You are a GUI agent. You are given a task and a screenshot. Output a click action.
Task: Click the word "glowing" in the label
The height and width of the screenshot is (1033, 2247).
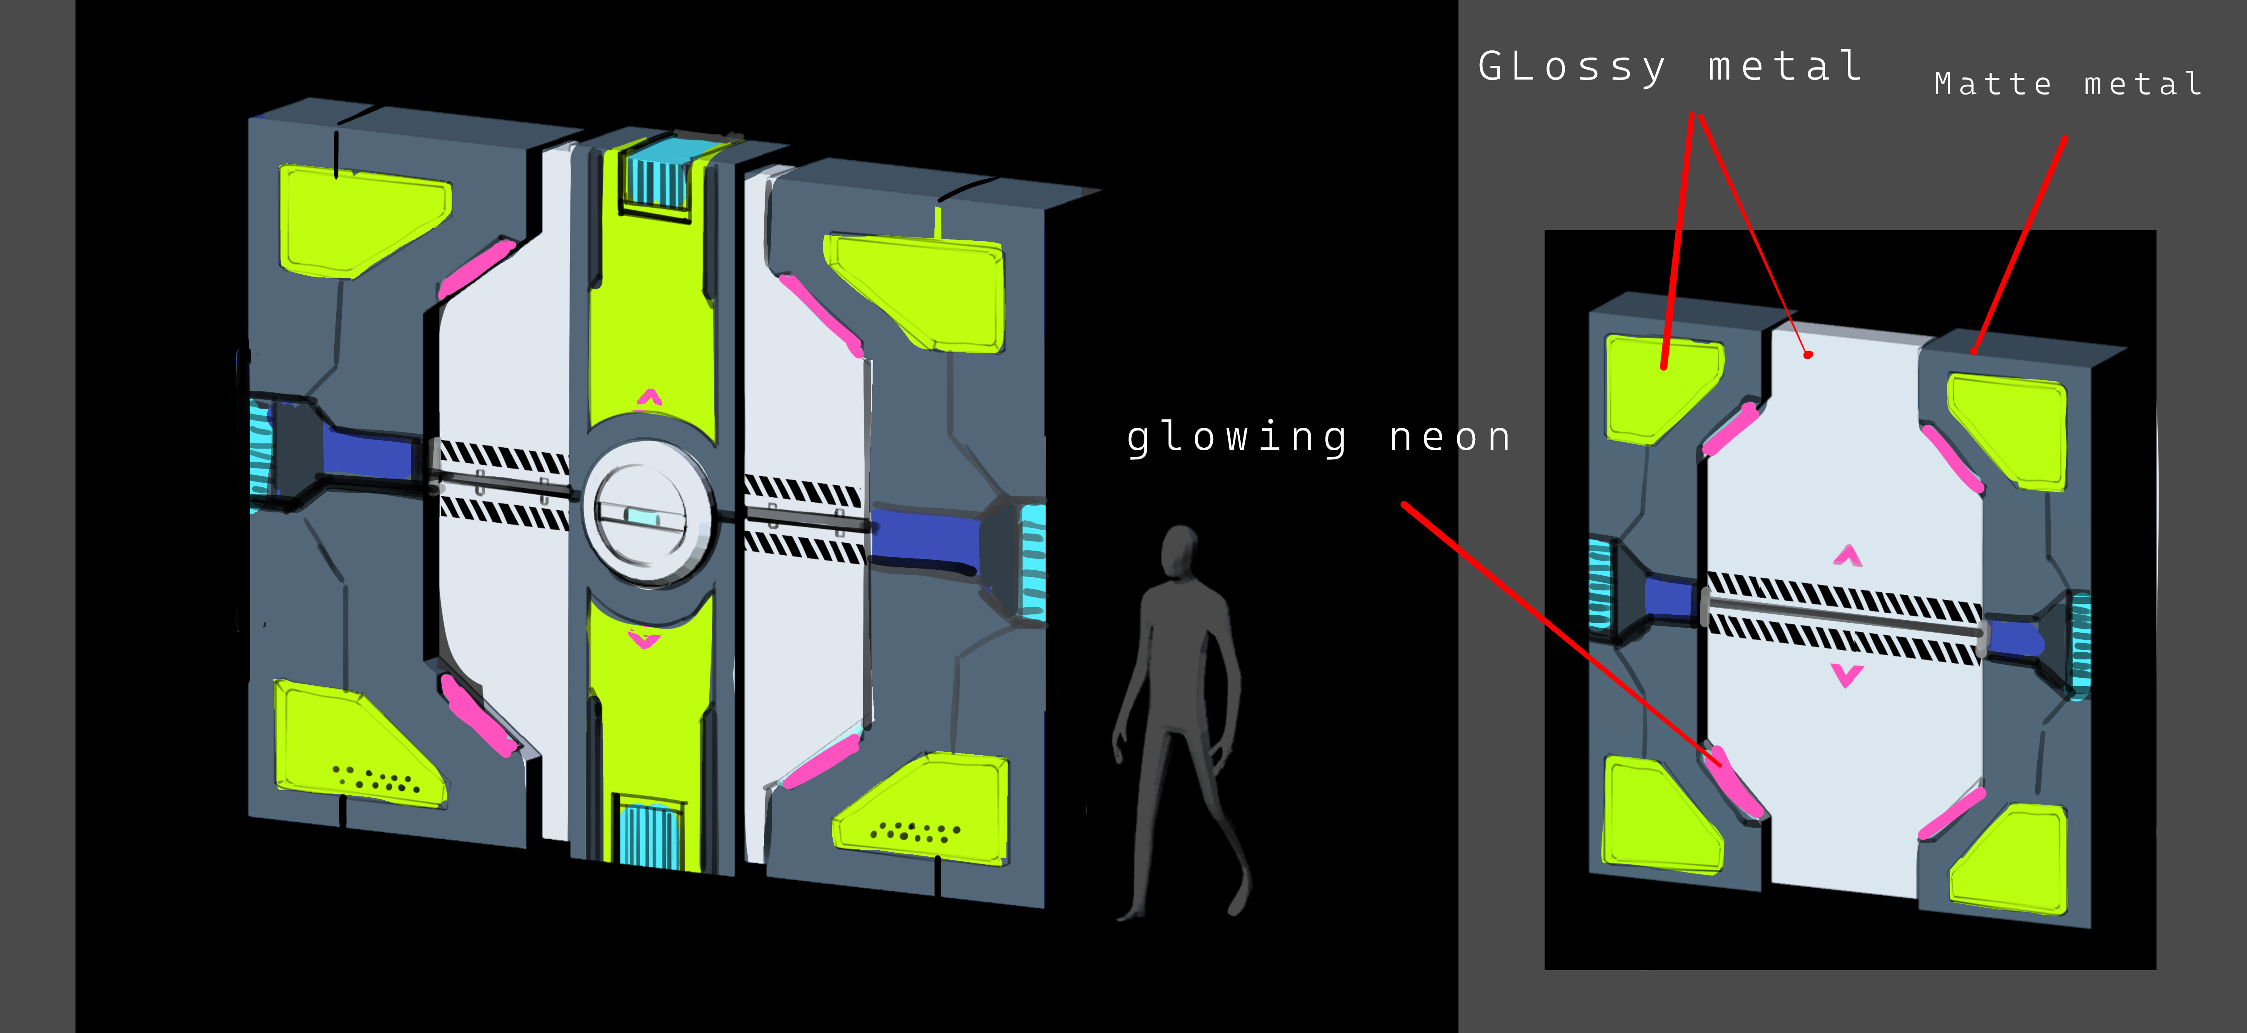[x=1237, y=438]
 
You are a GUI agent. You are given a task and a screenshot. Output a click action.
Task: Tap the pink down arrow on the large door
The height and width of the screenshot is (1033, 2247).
[x=644, y=641]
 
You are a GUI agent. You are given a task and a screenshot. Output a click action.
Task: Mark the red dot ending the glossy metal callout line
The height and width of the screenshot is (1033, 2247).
[x=1808, y=355]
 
